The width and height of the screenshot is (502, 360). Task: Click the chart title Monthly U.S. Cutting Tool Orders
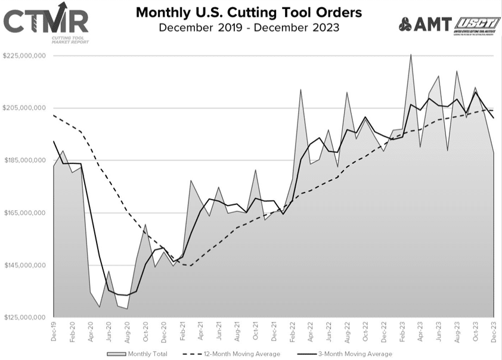tap(249, 13)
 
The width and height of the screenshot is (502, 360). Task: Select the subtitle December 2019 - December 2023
tap(249, 27)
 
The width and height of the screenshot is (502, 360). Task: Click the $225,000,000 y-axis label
tap(25, 56)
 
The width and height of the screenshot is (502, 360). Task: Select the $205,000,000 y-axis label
tap(25, 108)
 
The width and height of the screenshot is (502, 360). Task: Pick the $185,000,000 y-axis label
tap(25, 160)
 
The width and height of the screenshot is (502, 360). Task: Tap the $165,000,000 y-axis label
tap(25, 213)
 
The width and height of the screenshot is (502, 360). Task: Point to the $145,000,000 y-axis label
tap(25, 265)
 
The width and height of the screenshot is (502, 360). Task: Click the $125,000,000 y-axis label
tap(25, 317)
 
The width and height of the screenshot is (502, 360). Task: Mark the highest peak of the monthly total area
tap(411, 55)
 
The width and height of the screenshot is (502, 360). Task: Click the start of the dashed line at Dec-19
tap(54, 115)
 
